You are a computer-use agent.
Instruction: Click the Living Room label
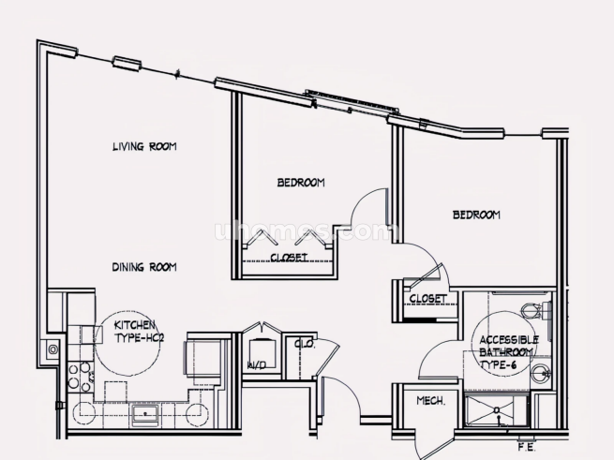144,147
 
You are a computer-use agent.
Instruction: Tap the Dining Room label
144,267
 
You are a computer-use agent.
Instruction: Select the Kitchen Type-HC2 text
139,332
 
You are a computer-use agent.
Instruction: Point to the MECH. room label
431,401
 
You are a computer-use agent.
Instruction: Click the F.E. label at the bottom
527,448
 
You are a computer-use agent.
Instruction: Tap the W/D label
257,365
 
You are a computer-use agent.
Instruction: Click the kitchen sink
145,414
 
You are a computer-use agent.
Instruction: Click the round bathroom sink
541,373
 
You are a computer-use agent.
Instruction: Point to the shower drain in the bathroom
497,410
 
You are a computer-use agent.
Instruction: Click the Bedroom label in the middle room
301,183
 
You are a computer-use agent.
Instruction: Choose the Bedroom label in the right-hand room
476,215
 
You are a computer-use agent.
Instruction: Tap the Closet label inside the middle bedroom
289,258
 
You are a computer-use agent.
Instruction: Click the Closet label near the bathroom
427,299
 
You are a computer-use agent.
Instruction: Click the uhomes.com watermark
306,231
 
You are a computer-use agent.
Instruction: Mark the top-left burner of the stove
73,368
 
